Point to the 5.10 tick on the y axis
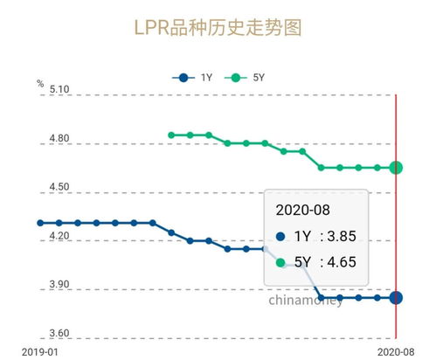59,89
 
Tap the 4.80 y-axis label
59,138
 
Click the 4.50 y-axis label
59,187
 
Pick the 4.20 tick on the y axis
59,236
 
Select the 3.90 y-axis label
59,285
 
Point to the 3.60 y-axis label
59,334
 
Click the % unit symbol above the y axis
40,84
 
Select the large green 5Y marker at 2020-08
396,167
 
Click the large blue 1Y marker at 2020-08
396,298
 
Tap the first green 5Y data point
171,135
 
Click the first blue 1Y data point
39,223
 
